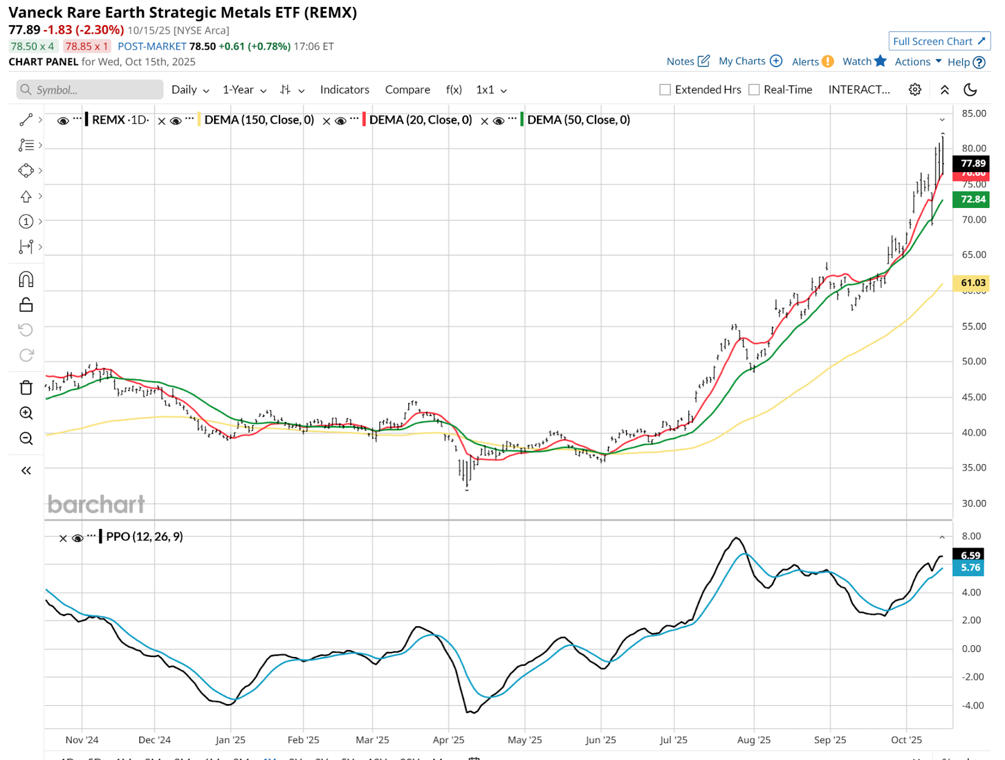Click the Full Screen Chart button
tap(939, 41)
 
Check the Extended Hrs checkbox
tap(665, 90)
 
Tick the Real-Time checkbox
tap(754, 90)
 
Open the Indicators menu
tap(344, 90)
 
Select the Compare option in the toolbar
tap(407, 90)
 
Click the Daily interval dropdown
tap(190, 90)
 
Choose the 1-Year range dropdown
tap(244, 90)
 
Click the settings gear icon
tap(915, 90)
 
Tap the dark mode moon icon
tap(970, 90)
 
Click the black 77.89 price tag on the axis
tap(972, 163)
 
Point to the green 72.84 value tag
tap(972, 200)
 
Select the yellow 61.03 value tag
tap(972, 283)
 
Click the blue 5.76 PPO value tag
tap(970, 568)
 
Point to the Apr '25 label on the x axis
tap(448, 740)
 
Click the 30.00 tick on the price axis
tap(974, 503)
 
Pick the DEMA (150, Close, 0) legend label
tap(259, 120)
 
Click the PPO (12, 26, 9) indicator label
tap(144, 537)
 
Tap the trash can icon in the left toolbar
tap(26, 388)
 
